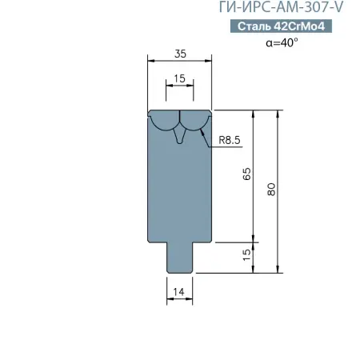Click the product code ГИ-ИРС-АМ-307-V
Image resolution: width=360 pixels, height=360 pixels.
click(x=281, y=6)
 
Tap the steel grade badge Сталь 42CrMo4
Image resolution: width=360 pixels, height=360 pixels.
click(x=281, y=26)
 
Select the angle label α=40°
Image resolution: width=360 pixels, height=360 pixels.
click(x=282, y=42)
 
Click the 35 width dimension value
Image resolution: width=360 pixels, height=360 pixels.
click(x=180, y=54)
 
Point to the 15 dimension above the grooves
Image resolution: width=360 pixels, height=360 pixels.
click(x=179, y=78)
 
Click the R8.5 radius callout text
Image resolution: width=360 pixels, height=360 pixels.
click(x=230, y=140)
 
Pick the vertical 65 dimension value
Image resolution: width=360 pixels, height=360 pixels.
click(x=247, y=174)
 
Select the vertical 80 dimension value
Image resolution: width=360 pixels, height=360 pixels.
click(x=271, y=190)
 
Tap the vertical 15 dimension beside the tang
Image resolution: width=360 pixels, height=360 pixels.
click(x=247, y=255)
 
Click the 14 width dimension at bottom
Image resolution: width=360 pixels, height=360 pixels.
click(x=178, y=292)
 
